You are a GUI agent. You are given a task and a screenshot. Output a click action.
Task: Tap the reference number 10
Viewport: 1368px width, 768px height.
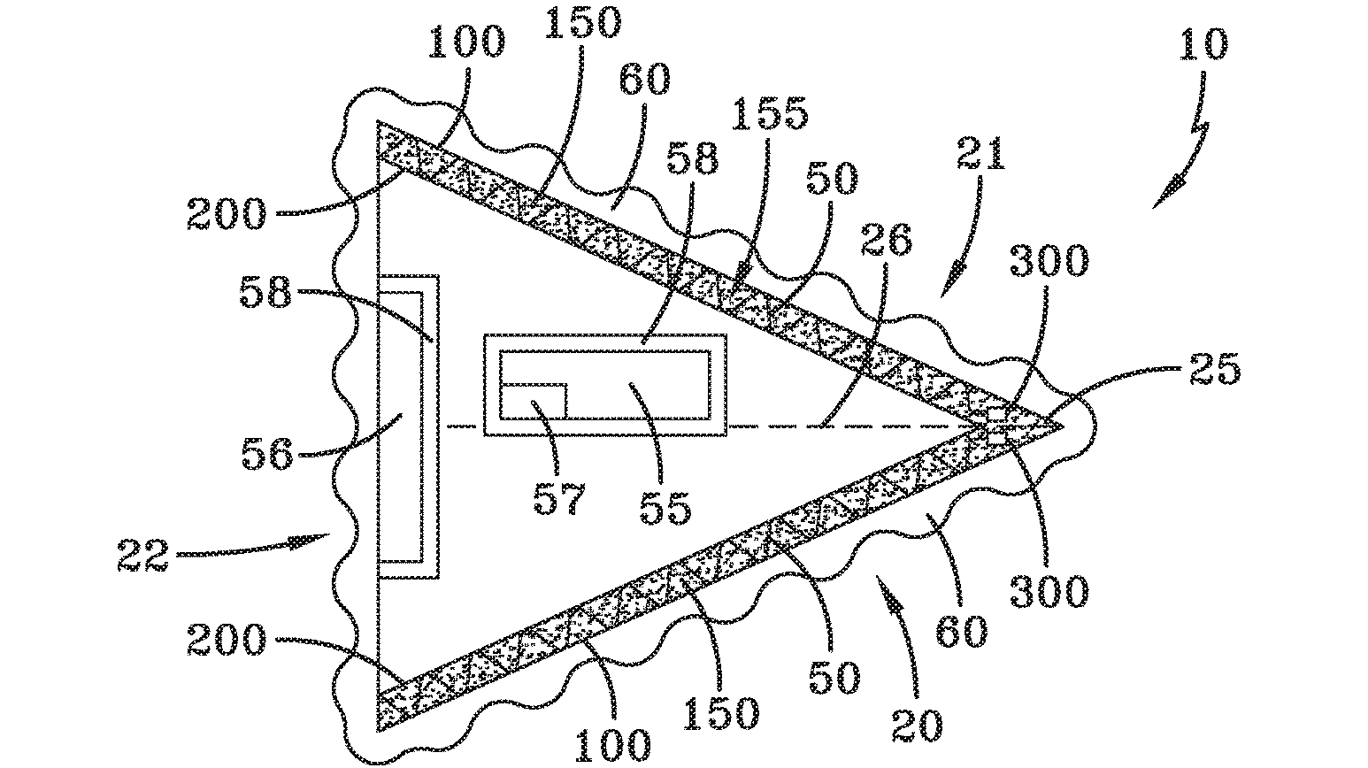point(1204,42)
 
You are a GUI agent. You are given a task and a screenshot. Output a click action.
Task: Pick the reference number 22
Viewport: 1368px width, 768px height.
point(143,556)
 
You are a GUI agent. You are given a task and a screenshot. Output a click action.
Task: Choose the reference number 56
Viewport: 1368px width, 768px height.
point(267,455)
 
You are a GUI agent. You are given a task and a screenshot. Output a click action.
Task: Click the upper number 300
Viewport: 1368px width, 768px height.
point(1050,262)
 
